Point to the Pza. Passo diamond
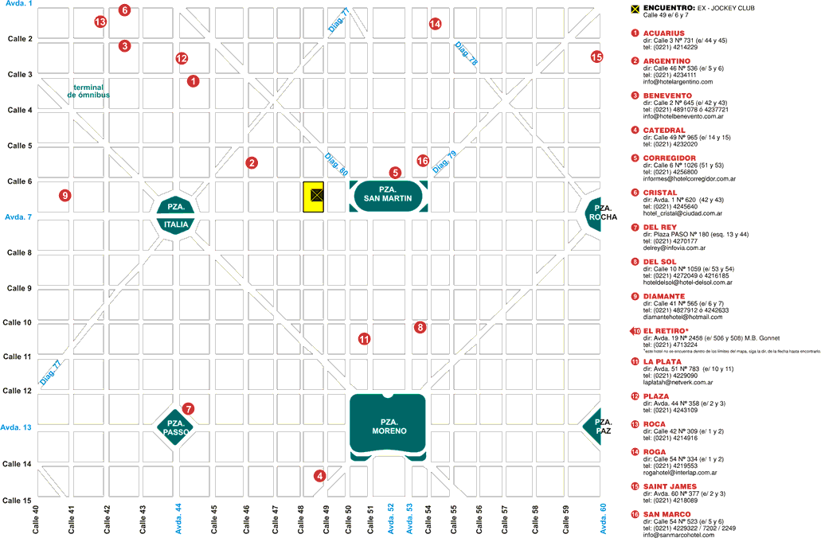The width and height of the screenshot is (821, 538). click(x=176, y=428)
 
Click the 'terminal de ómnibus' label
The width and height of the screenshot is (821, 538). click(x=88, y=91)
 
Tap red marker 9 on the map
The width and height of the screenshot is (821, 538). click(x=65, y=195)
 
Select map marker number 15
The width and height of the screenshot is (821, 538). click(x=597, y=57)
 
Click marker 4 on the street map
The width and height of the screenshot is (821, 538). click(x=320, y=476)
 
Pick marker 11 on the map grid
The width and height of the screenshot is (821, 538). click(x=364, y=339)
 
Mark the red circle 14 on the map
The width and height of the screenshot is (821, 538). click(x=435, y=24)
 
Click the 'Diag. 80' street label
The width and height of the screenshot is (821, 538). click(x=336, y=163)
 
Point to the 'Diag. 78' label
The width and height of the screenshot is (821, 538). click(x=467, y=53)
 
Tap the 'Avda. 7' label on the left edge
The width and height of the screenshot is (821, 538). click(x=18, y=216)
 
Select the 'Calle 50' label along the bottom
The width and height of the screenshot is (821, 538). click(x=348, y=518)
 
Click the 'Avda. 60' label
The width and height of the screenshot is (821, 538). click(x=604, y=518)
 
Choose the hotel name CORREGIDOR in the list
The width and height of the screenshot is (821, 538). click(x=669, y=158)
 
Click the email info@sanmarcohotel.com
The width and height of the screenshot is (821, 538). click(x=683, y=534)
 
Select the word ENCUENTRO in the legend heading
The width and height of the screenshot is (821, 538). click(x=670, y=8)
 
